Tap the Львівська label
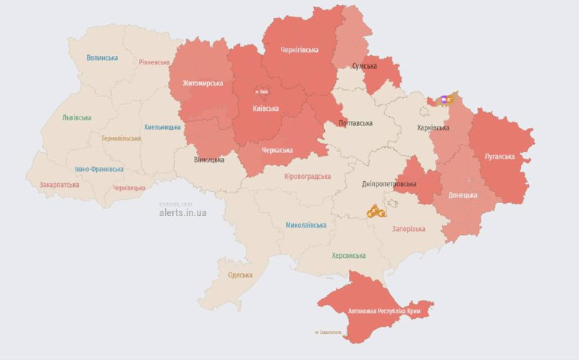pos(77,117)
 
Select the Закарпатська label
pos(59,185)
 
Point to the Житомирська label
pos(203,83)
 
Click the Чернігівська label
pos(299,50)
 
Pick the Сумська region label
pos(364,67)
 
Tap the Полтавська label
pos(357,124)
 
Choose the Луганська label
pos(499,156)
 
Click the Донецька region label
pos(462,195)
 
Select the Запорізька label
pos(409,229)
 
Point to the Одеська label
pos(240,275)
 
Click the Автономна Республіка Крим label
pos(384,311)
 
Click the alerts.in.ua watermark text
pos(182,213)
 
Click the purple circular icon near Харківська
pos(444,99)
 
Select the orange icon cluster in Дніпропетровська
pos(375,212)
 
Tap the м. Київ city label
pos(263,91)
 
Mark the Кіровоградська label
pos(308,176)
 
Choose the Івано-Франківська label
pos(99,169)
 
